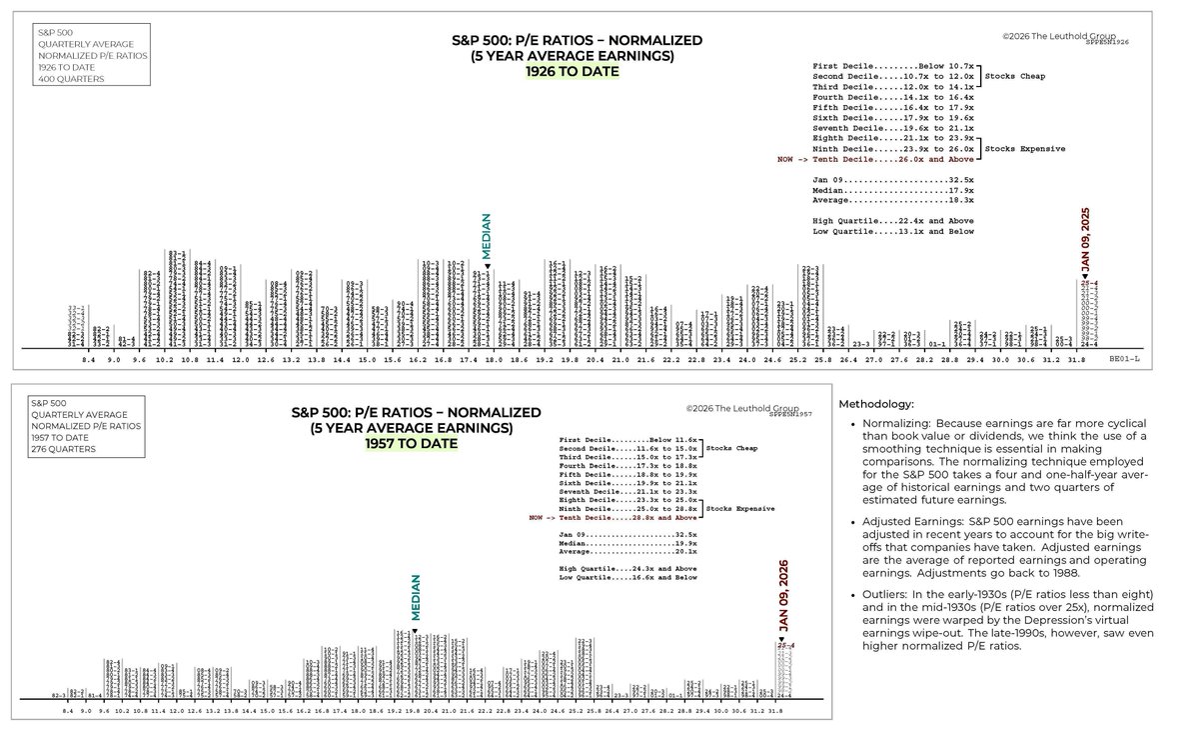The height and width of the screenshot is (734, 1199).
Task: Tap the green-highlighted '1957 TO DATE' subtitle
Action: [412, 443]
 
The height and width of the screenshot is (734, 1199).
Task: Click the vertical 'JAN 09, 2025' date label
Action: [1086, 240]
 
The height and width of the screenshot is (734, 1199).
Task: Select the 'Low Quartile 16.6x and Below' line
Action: [627, 577]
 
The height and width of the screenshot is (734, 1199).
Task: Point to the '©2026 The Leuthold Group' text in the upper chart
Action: [1059, 35]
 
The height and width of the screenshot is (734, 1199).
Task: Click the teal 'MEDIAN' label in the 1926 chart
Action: [487, 237]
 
